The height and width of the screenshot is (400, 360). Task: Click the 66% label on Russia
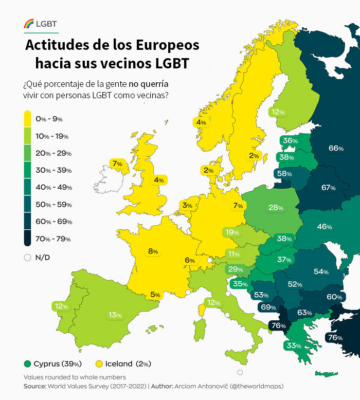pyautogui.click(x=336, y=149)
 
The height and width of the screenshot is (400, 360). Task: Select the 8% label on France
pyautogui.click(x=153, y=251)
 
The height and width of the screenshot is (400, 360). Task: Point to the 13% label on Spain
pyautogui.click(x=115, y=315)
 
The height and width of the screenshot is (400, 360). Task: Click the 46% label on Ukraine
pyautogui.click(x=324, y=227)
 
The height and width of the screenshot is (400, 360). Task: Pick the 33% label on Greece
pyautogui.click(x=293, y=346)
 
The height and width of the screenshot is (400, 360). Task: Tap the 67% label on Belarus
pyautogui.click(x=328, y=188)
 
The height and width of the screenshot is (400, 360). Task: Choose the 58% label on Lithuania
pyautogui.click(x=284, y=174)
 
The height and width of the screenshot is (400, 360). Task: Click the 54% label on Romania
pyautogui.click(x=321, y=271)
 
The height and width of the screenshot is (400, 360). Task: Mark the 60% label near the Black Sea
pyautogui.click(x=334, y=297)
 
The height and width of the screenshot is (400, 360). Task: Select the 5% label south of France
pyautogui.click(x=155, y=295)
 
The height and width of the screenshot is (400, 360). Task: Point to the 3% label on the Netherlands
pyautogui.click(x=187, y=206)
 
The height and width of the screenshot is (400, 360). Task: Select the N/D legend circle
pyautogui.click(x=28, y=258)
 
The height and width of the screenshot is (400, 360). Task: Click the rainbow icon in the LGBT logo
pyautogui.click(x=29, y=23)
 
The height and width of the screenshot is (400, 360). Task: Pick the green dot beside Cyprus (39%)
pyautogui.click(x=27, y=364)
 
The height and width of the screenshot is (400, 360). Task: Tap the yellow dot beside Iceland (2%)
pyautogui.click(x=99, y=364)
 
